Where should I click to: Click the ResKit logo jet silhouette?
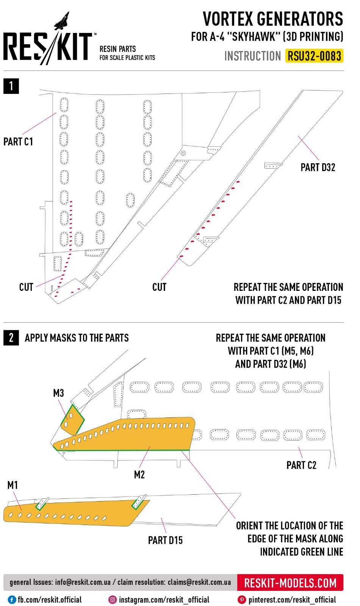(62, 21)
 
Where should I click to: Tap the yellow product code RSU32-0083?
(314, 56)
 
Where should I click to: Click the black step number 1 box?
(11, 86)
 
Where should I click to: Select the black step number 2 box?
(11, 337)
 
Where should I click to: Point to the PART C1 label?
(18, 142)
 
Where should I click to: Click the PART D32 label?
(318, 167)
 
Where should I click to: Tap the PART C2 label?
(301, 465)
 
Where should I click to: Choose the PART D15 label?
(165, 540)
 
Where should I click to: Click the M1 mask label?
(13, 485)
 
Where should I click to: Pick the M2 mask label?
(139, 475)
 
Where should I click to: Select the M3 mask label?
(58, 393)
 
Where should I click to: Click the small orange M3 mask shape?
(74, 420)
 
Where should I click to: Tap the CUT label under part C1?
(26, 287)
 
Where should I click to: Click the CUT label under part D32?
(159, 287)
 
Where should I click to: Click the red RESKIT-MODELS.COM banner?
(290, 583)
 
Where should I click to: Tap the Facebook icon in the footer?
(12, 600)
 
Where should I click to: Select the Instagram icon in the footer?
(113, 600)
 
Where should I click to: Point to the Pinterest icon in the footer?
(241, 600)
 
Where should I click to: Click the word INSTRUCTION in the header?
(252, 56)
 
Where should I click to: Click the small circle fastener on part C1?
(183, 153)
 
